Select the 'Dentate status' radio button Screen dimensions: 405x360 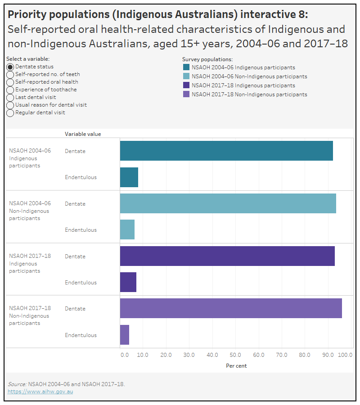coord(10,67)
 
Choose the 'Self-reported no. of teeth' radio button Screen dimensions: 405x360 coord(10,74)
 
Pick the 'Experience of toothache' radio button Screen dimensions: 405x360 coord(10,90)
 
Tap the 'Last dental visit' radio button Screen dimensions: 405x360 coord(10,97)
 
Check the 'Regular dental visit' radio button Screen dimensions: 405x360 coord(10,112)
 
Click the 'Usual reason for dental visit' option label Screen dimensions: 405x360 coord(51,105)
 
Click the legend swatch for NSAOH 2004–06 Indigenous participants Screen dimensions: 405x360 coord(186,67)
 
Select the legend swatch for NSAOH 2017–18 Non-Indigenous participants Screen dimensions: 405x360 coord(186,94)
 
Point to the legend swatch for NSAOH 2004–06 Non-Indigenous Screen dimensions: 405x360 coord(186,76)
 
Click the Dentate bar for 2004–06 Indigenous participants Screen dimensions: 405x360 coord(226,151)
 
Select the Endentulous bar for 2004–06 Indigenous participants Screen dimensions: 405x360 coord(129,177)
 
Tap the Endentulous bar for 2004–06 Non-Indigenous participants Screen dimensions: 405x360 coord(127,230)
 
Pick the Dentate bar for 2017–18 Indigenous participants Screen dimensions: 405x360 coord(227,256)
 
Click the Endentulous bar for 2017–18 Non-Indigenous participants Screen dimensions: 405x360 coord(125,335)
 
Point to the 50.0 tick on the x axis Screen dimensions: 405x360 coord(236,355)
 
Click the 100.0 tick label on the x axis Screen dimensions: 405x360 coord(345,355)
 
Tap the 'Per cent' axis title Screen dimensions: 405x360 coord(236,366)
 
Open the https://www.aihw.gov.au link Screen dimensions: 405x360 coord(40,391)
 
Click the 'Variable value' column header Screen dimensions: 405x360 coord(83,134)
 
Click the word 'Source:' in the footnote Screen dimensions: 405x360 coord(17,384)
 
